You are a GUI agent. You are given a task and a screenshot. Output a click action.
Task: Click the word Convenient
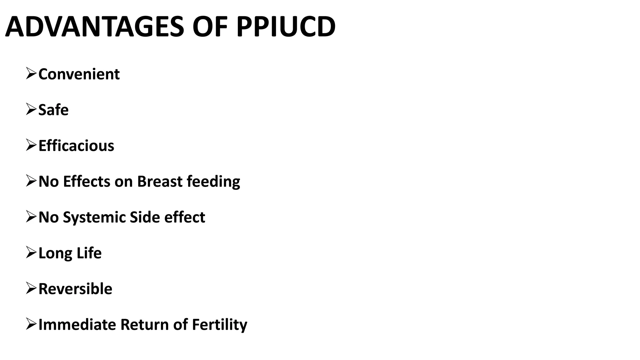pos(79,74)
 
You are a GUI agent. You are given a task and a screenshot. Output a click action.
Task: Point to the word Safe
pos(53,110)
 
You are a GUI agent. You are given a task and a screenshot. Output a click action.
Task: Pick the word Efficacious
pos(76,146)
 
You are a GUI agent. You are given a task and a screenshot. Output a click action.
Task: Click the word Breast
pos(160,182)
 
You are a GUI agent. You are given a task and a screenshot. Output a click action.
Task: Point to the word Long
pos(55,253)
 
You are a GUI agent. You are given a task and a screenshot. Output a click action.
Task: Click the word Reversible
pos(75,289)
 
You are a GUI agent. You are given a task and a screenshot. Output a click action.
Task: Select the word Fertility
pos(219,325)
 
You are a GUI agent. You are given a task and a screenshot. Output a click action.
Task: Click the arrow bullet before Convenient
pos(31,74)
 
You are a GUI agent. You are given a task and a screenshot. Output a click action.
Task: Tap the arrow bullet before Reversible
pos(31,288)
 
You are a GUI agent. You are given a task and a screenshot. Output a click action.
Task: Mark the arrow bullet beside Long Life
pos(31,252)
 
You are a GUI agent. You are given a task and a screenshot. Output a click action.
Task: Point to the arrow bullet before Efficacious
pos(31,145)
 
